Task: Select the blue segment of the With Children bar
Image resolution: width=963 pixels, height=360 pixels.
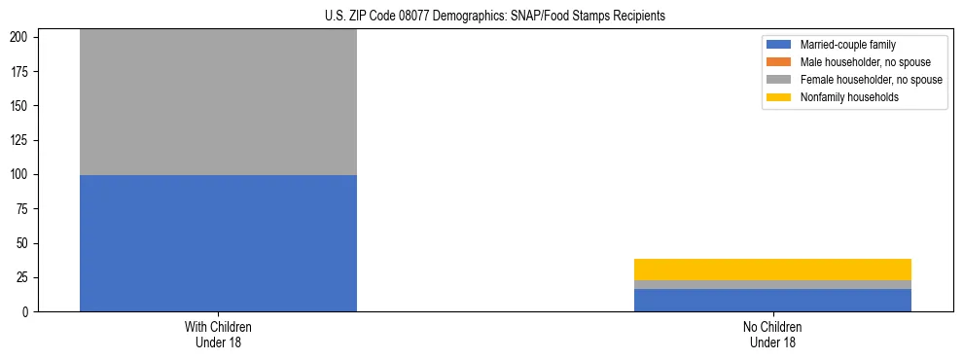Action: tap(218, 243)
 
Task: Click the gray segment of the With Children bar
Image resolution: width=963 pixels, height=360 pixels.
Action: tap(218, 102)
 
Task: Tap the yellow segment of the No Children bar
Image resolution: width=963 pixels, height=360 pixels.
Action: tap(772, 270)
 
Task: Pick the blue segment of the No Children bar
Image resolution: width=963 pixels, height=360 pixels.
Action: tap(772, 300)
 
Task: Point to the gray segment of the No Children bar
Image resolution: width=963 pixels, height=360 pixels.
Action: tap(772, 284)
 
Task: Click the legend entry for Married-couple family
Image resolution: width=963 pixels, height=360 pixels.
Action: tap(846, 45)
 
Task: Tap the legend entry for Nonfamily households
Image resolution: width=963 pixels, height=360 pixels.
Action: tap(849, 97)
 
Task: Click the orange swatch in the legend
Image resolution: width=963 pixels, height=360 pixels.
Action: tap(779, 62)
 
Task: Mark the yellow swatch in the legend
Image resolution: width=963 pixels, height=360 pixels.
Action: tap(779, 97)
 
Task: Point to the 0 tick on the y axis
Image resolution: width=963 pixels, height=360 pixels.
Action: tap(27, 311)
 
